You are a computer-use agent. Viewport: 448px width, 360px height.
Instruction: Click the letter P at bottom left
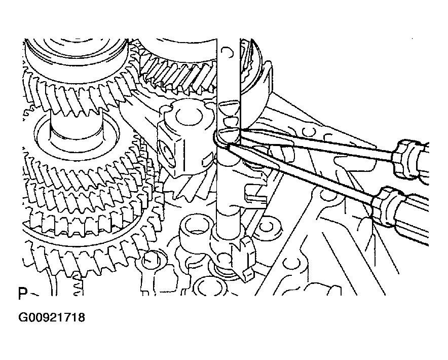[22, 295]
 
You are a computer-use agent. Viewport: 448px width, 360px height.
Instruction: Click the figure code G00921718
[52, 318]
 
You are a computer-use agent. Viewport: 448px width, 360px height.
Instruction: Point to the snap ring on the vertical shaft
[223, 139]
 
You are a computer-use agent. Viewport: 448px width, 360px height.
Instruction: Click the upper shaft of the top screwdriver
[314, 142]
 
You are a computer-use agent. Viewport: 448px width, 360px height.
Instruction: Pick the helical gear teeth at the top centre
[177, 76]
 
